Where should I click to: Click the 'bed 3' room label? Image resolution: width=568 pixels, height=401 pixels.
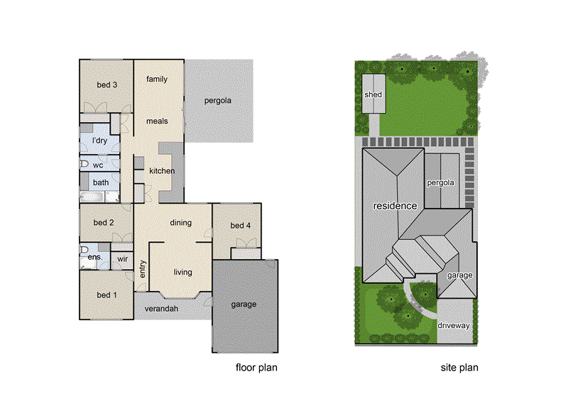click(x=106, y=85)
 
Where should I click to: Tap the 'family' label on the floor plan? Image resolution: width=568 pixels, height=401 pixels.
click(x=157, y=79)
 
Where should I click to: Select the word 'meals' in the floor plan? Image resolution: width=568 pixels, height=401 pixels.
click(x=157, y=121)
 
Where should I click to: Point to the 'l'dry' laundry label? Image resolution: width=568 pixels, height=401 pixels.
click(x=100, y=141)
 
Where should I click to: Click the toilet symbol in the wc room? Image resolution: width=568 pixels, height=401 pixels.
click(x=84, y=164)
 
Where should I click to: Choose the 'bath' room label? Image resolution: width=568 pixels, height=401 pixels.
click(x=101, y=182)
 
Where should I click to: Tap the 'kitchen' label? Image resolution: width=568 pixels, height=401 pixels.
click(x=162, y=171)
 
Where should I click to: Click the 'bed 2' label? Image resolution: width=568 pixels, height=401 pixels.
click(x=104, y=223)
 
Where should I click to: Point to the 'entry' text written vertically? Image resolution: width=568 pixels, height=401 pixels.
click(x=143, y=269)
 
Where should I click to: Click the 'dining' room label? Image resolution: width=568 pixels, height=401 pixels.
click(x=181, y=223)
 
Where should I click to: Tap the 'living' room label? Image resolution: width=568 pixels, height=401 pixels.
click(x=182, y=272)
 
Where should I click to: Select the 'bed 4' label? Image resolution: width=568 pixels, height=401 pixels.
click(x=241, y=226)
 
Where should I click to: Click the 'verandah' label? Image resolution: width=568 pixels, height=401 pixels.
click(x=160, y=309)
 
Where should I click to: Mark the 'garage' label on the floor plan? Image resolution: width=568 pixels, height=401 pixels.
click(x=244, y=304)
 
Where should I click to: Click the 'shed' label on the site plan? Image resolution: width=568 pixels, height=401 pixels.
click(x=373, y=94)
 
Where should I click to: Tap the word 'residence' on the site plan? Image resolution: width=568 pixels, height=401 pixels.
click(x=395, y=206)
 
